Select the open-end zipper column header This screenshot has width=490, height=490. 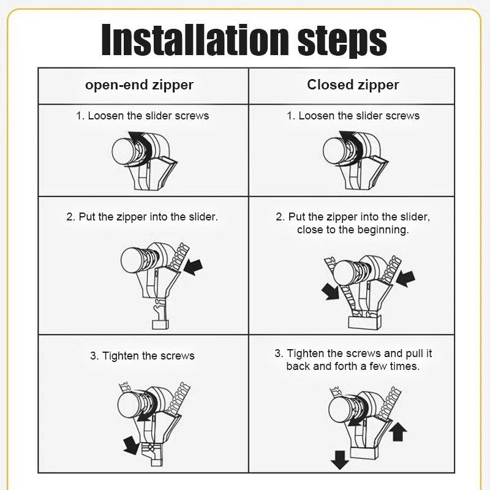[x=139, y=85]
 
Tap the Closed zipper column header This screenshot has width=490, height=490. [x=353, y=85]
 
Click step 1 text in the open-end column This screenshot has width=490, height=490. [x=142, y=116]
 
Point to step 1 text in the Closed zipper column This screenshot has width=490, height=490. [x=353, y=116]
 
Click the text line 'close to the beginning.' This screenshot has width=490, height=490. [x=353, y=230]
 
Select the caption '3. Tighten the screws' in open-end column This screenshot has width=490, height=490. [x=142, y=356]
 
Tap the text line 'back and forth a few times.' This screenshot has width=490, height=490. [x=353, y=366]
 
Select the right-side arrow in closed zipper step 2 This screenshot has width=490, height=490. [x=405, y=279]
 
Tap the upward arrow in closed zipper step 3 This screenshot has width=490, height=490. [x=398, y=432]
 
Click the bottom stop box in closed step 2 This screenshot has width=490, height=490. [x=365, y=322]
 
